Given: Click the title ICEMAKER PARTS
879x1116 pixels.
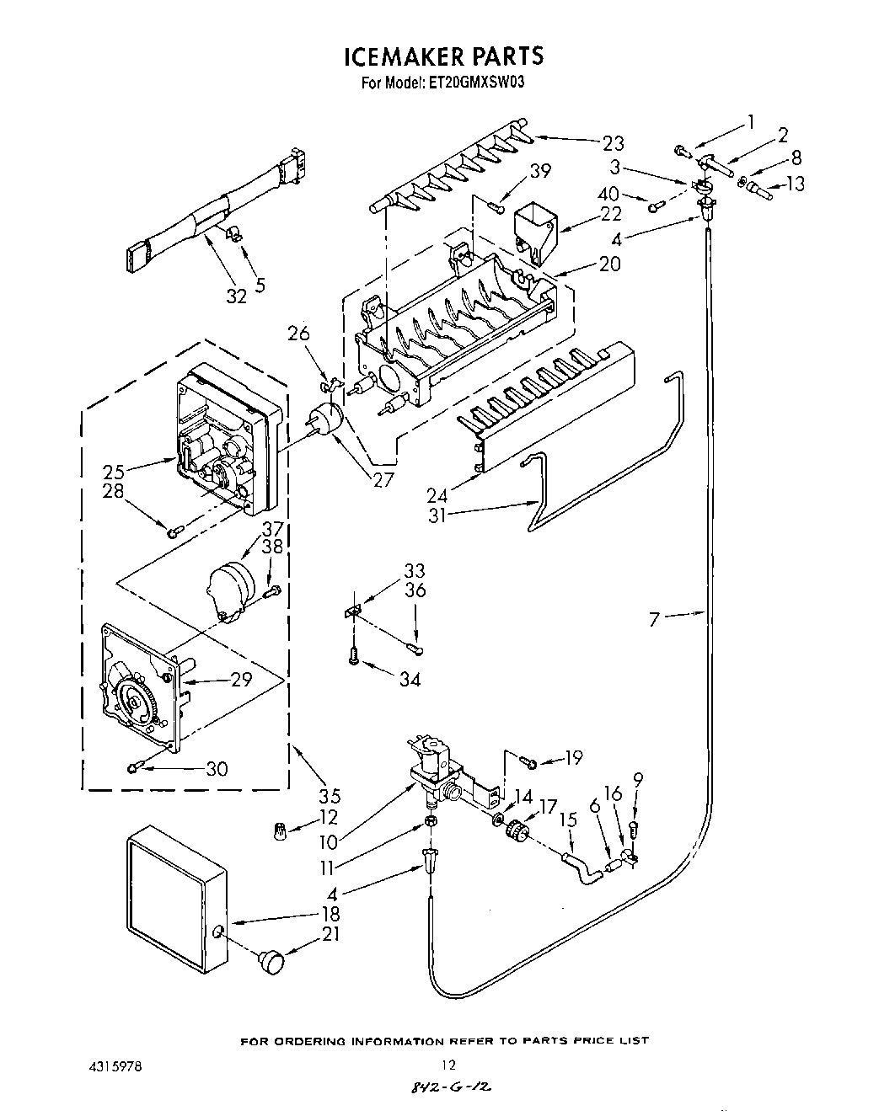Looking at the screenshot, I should pos(443,56).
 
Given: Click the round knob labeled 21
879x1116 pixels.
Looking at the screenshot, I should pos(271,959).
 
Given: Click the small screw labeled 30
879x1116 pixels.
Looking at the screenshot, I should pos(135,766).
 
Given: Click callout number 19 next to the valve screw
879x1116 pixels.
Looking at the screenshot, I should pos(573,759).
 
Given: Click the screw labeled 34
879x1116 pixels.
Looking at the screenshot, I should pos(355,654).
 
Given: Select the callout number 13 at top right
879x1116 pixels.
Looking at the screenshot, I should pos(795,184).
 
